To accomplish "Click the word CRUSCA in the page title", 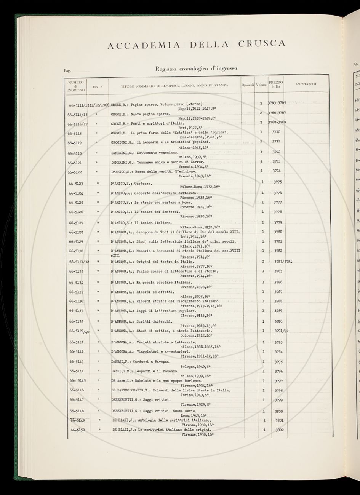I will (262, 43).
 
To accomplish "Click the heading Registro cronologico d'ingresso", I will (197, 69).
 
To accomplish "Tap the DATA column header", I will (98, 87).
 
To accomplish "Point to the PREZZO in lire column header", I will (276, 85).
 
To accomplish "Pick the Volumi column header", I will (261, 85).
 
